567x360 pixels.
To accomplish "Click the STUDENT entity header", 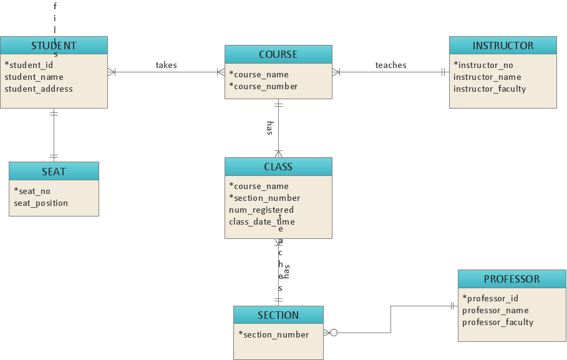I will [x=54, y=46].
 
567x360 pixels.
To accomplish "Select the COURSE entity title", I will [x=278, y=54].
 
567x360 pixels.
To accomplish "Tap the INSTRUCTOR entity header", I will [x=503, y=46].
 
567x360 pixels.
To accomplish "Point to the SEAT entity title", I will [x=54, y=172].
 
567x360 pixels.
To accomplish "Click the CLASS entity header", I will [x=278, y=167].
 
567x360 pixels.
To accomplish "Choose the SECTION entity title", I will [x=278, y=315].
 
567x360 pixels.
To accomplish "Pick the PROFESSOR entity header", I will [x=511, y=279].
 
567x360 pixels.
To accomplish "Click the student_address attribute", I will [x=39, y=89].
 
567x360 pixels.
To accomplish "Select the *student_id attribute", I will [x=29, y=65].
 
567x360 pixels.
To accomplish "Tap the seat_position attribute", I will [x=41, y=203].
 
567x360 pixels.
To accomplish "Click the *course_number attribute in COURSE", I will [x=263, y=86].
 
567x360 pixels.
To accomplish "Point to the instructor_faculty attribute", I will [x=490, y=89].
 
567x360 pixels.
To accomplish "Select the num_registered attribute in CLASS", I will [x=261, y=210].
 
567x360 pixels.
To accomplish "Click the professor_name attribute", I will [x=495, y=310].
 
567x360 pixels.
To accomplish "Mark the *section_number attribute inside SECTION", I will [x=274, y=334].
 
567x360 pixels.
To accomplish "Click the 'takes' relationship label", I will [x=167, y=65].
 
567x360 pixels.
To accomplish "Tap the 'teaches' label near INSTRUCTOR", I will [x=391, y=65].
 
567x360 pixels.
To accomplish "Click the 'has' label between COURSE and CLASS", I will [x=269, y=128].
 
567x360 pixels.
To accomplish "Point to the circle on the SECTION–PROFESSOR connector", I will [x=334, y=333].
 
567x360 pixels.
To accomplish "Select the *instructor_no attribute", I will [x=483, y=65].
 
